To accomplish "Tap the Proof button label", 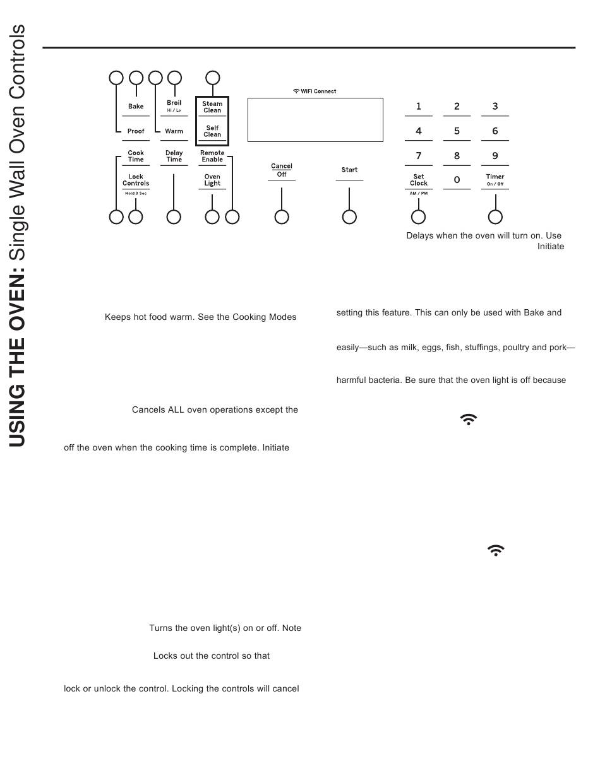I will [136, 131].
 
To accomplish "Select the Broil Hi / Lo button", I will [174, 105].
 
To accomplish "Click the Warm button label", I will [174, 131].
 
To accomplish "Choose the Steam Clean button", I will [212, 107].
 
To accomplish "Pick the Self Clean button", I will [212, 131].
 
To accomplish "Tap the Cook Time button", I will [136, 156].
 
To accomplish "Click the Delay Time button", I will [174, 156].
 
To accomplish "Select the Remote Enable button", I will [212, 156].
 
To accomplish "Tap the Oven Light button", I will [212, 180].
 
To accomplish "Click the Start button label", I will [349, 170].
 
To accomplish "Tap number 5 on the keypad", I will [457, 131].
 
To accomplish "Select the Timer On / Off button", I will [495, 180].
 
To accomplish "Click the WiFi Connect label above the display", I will [315, 91].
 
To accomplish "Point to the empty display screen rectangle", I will [315, 120].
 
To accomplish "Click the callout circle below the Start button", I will [349, 217].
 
